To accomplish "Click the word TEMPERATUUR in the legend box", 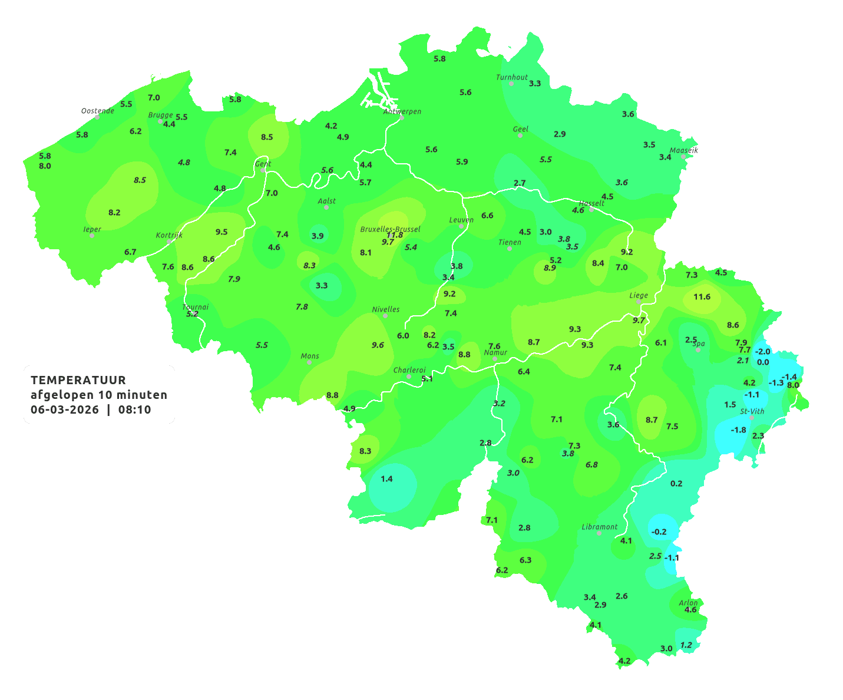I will [78, 380].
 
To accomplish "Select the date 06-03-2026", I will [65, 410].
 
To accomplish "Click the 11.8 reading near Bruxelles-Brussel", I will [395, 235].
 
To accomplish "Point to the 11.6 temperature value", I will [702, 297].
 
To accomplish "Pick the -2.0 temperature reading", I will [762, 352].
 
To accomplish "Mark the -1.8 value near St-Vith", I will [738, 430].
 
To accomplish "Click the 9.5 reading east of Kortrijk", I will [222, 232].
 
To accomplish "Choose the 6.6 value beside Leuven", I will [487, 216].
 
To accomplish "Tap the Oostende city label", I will [97, 111].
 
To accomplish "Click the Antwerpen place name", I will [402, 111].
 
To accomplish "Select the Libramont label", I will [600, 527].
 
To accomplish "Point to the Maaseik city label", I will [683, 150].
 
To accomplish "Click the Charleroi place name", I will [409, 370].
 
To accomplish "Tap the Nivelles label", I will [386, 309].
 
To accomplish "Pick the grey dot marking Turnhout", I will [511, 84].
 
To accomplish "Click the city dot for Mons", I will [309, 362].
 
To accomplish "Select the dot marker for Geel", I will [520, 136].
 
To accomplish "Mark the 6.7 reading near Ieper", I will [130, 252].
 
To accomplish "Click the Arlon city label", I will [688, 603].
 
